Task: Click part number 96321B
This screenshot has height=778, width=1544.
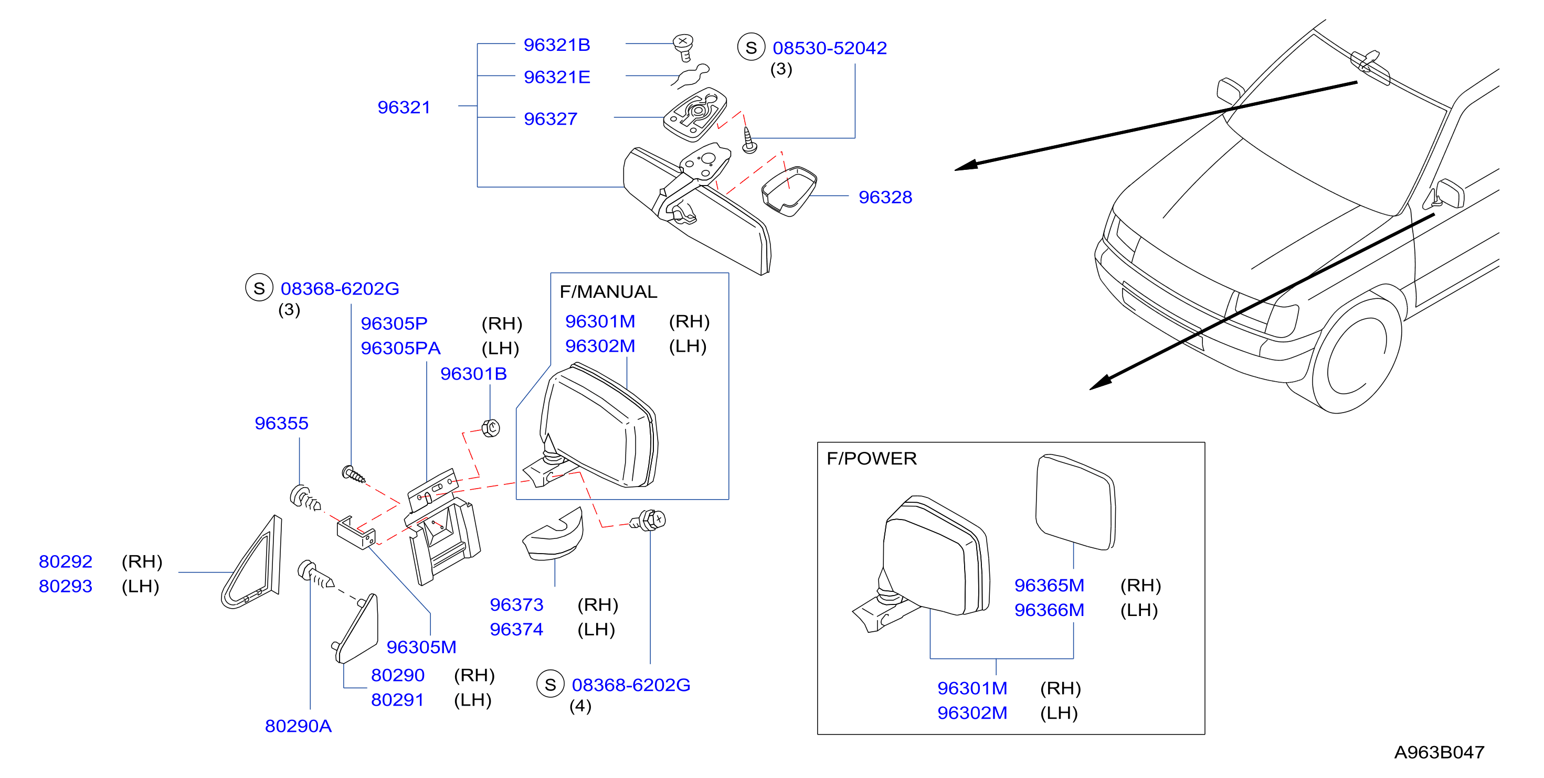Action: pyautogui.click(x=557, y=45)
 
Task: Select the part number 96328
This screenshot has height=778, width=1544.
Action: pyautogui.click(x=885, y=197)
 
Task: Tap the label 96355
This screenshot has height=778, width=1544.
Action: pyautogui.click(x=281, y=424)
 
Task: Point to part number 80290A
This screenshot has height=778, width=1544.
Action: pyautogui.click(x=298, y=726)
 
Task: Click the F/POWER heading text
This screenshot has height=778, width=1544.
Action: pyautogui.click(x=872, y=459)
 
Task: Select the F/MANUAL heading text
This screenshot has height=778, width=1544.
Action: pyautogui.click(x=608, y=291)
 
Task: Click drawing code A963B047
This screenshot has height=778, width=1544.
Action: pyautogui.click(x=1439, y=752)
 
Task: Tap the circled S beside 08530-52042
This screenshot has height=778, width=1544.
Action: pyautogui.click(x=751, y=47)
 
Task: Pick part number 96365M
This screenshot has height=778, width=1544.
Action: pyautogui.click(x=1049, y=585)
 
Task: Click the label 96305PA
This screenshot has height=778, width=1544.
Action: pyautogui.click(x=400, y=348)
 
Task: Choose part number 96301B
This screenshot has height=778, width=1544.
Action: pyautogui.click(x=473, y=374)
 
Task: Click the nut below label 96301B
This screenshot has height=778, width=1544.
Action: pyautogui.click(x=491, y=428)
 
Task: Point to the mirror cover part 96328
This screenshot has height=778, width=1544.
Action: pyautogui.click(x=789, y=191)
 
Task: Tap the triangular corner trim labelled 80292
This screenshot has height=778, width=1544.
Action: pyautogui.click(x=252, y=563)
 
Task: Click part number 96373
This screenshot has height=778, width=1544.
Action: pyautogui.click(x=516, y=605)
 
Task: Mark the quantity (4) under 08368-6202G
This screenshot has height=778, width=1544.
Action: pyautogui.click(x=580, y=706)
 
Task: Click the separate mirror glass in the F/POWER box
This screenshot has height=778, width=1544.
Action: pyautogui.click(x=1075, y=502)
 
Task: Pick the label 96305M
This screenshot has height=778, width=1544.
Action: pyautogui.click(x=421, y=647)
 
